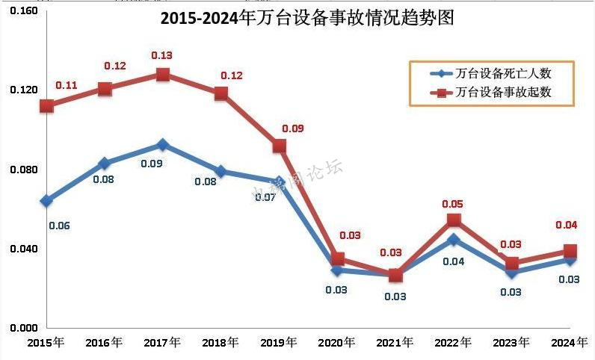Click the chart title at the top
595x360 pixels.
[x=307, y=18]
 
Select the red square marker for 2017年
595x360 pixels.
[x=162, y=75]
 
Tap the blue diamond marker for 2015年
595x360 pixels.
[x=46, y=200]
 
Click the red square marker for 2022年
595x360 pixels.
[x=454, y=220]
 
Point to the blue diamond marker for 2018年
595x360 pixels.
[x=221, y=172]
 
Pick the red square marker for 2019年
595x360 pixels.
[x=280, y=146]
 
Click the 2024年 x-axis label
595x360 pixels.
[x=570, y=343]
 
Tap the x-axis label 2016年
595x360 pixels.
[x=104, y=343]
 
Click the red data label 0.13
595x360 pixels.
[x=162, y=55]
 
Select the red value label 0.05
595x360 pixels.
[x=454, y=203]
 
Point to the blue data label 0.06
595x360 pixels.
[x=59, y=226]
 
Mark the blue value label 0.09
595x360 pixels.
[x=152, y=163]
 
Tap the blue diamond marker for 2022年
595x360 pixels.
[x=454, y=240]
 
